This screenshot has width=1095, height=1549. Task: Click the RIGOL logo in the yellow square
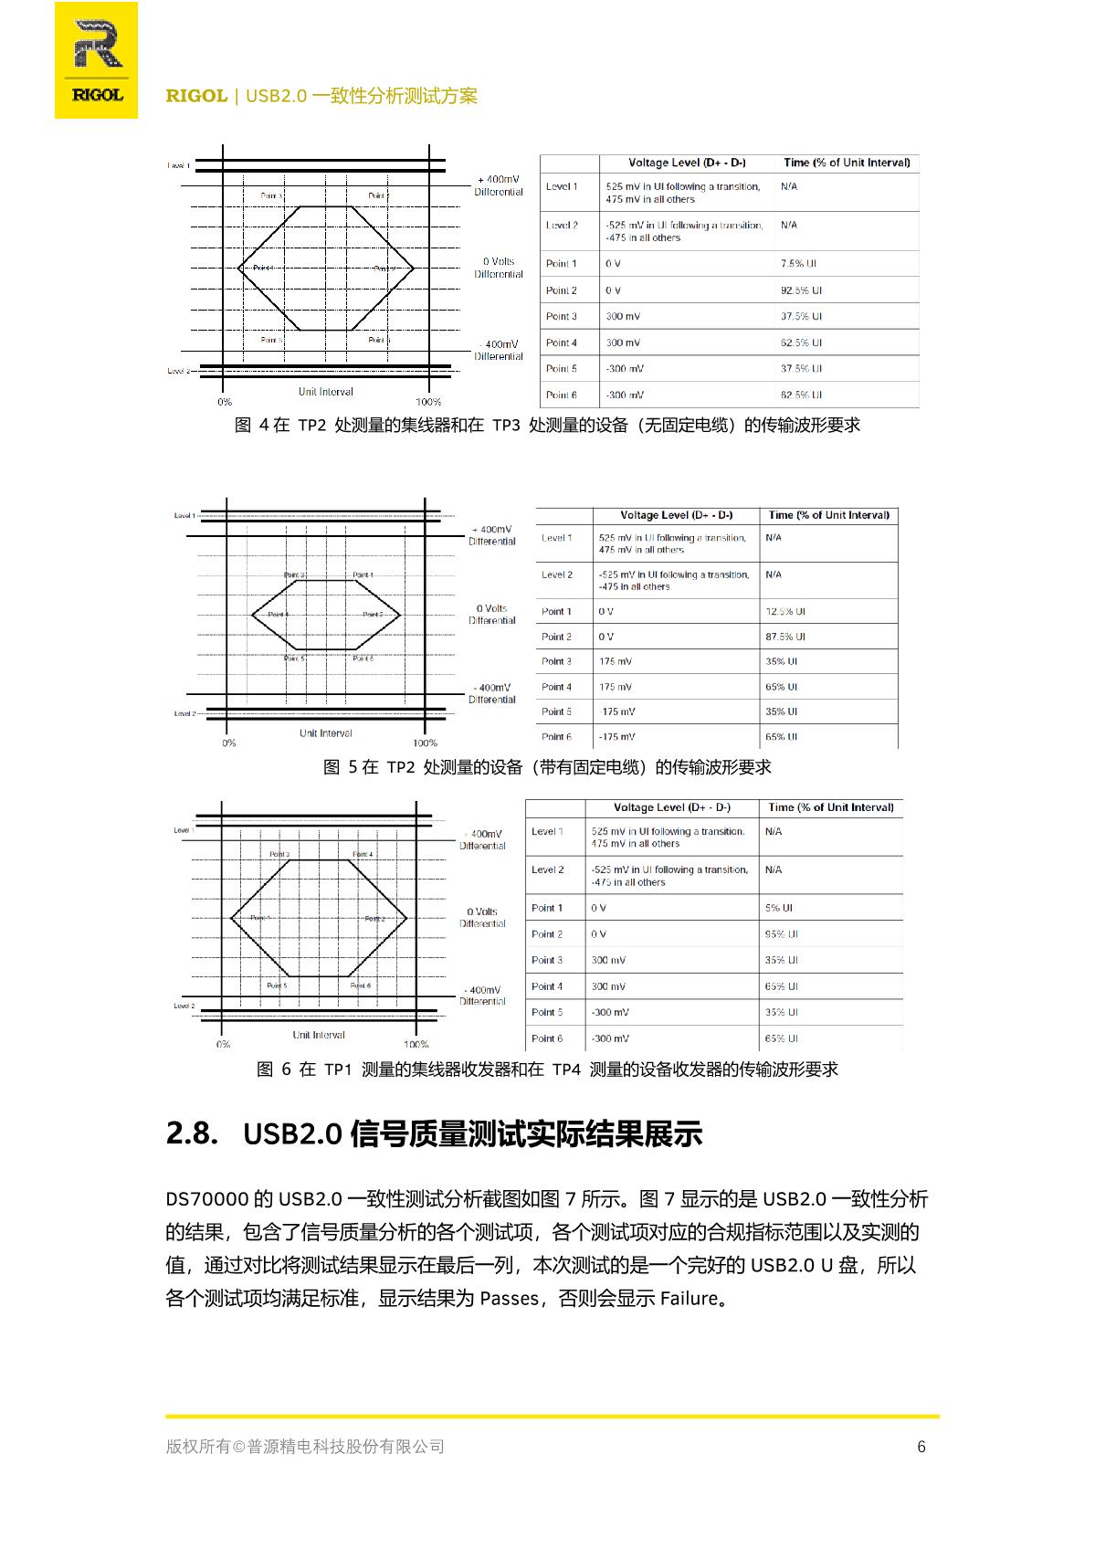(97, 60)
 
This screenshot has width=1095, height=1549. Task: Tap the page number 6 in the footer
(921, 1447)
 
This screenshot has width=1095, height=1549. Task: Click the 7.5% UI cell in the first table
(798, 264)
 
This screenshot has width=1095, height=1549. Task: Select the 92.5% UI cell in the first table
(801, 290)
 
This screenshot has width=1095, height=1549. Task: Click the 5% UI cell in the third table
(778, 908)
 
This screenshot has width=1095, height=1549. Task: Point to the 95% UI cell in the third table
(781, 934)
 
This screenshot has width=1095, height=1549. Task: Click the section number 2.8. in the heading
(192, 1133)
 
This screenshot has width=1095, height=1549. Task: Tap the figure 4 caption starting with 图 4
(547, 426)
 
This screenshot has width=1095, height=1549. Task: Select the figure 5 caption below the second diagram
(547, 767)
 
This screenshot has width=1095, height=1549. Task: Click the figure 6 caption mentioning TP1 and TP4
(547, 1070)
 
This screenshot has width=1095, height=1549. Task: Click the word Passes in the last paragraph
(510, 1298)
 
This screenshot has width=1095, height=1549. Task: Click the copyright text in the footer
(305, 1447)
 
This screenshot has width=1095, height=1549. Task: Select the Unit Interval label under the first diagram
(325, 392)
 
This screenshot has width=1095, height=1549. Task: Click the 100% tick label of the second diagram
(425, 743)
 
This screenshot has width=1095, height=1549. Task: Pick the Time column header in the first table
(847, 163)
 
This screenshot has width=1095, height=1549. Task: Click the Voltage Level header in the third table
(671, 807)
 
